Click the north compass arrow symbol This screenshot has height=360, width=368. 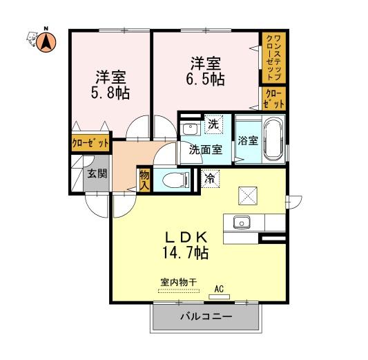(x=46, y=42)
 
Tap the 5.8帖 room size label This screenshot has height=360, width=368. (x=110, y=93)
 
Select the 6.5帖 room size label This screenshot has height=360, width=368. (x=205, y=79)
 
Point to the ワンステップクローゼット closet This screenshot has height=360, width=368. (x=273, y=57)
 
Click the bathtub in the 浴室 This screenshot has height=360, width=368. (x=272, y=139)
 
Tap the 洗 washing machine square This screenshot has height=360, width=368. (x=213, y=124)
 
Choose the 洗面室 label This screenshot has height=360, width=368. (x=206, y=149)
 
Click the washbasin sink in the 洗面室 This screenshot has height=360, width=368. (x=191, y=128)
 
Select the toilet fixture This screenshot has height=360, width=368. (x=176, y=180)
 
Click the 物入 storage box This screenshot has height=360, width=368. (x=144, y=180)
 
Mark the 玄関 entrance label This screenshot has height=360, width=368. (x=97, y=173)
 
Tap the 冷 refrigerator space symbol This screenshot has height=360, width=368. (x=211, y=179)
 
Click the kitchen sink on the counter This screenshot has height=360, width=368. (x=242, y=222)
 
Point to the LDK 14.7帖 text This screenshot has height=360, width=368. (x=186, y=245)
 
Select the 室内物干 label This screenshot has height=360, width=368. (x=178, y=282)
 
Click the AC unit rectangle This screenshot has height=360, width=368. (x=219, y=297)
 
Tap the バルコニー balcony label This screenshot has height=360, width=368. (x=206, y=317)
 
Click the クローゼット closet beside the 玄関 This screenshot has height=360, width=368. (x=90, y=143)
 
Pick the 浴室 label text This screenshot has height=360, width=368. (x=248, y=140)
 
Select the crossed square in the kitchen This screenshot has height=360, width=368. (x=248, y=196)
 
